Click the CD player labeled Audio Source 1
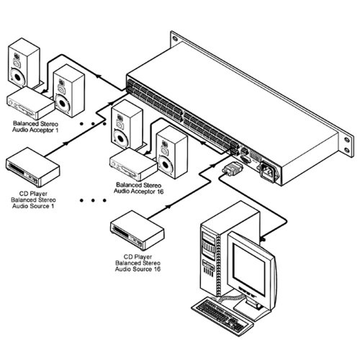(x=32, y=167)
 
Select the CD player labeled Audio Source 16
(x=138, y=230)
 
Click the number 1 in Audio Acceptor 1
(x=57, y=130)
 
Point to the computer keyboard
(x=222, y=315)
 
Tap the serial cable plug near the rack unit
(x=232, y=168)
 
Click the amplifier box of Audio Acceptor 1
(x=30, y=103)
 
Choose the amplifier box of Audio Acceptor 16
(x=133, y=164)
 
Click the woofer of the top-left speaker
(x=17, y=77)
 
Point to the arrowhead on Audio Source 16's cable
(x=168, y=207)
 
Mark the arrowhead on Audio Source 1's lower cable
(x=66, y=143)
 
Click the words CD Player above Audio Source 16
(x=138, y=257)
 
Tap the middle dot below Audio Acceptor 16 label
(x=93, y=200)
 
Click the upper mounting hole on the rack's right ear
(x=346, y=140)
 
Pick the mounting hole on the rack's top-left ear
(x=175, y=38)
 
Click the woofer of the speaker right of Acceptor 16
(x=166, y=164)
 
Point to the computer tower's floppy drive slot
(x=208, y=265)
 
